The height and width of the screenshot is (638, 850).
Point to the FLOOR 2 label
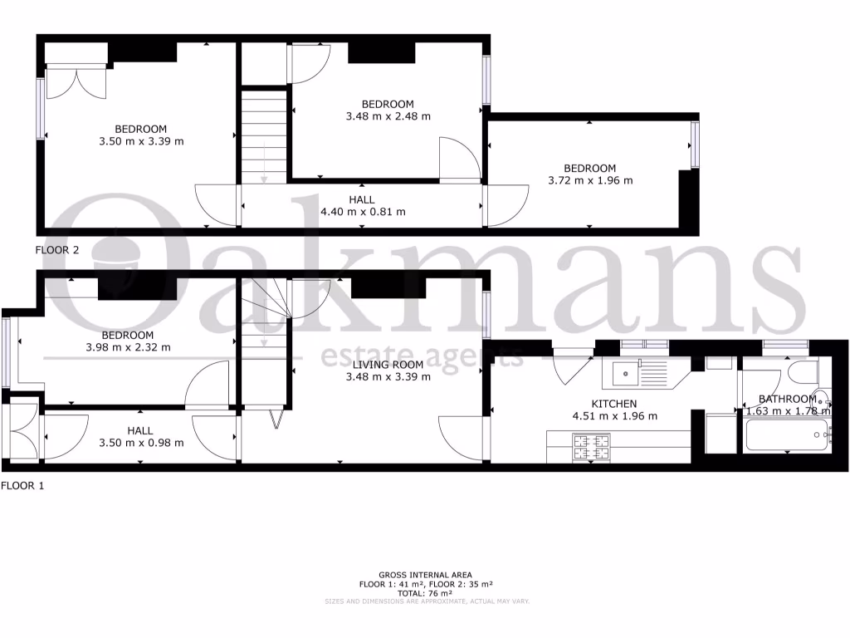pos(57,249)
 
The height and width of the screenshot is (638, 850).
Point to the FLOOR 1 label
pos(22,486)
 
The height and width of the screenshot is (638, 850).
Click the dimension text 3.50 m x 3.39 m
pos(141,141)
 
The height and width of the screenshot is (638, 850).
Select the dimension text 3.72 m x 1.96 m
pos(590,180)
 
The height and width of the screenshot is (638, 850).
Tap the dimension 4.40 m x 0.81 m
pos(362,212)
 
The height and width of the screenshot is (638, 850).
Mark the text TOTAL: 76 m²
pos(425,593)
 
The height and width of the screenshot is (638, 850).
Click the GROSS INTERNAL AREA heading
pos(425,575)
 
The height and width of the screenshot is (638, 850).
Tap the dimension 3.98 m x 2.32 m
pos(128,347)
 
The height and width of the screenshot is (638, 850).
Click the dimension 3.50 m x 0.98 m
pos(140,443)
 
